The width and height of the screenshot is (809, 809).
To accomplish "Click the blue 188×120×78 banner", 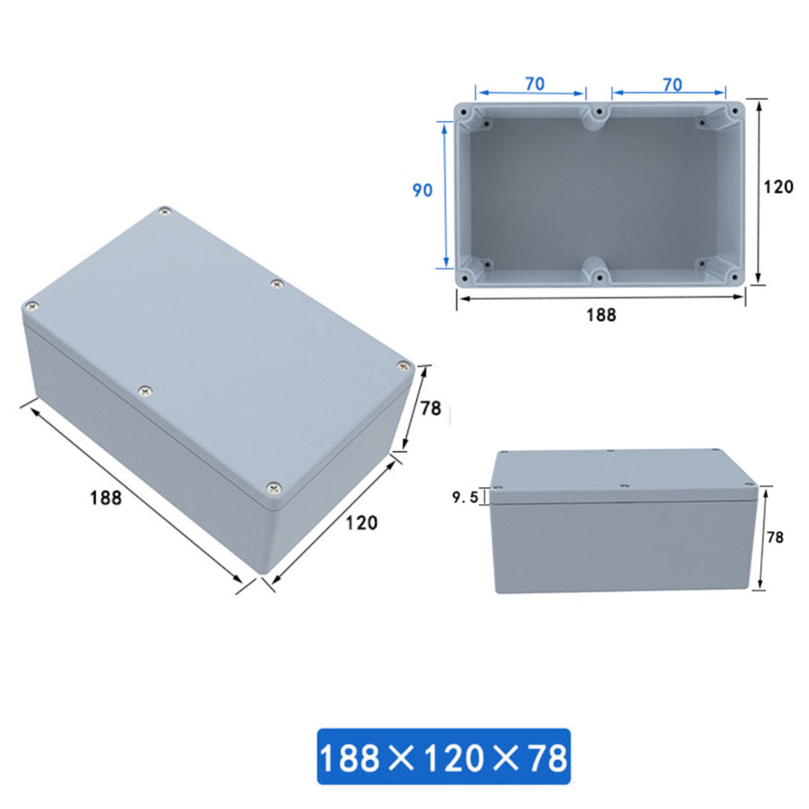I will coord(443,756).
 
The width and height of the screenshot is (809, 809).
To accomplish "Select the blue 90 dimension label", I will coord(422,191).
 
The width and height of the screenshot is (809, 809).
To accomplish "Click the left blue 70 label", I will coord(534,83).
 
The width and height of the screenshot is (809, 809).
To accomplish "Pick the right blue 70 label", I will coord(671,83).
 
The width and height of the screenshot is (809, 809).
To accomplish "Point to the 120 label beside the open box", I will coord(778,187).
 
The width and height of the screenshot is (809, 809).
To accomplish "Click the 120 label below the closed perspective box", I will coord(362,523).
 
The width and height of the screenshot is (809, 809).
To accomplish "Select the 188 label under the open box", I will coord(600,315).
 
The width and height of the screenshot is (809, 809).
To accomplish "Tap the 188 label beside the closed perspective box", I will coord(106,498).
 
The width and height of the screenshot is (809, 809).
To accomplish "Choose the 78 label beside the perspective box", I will coord(430,409).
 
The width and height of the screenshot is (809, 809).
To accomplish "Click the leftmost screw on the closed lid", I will coord(32,307).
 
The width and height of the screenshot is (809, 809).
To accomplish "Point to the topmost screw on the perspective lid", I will coord(165,212).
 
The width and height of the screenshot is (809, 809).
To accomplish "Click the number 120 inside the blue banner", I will coord(443,758).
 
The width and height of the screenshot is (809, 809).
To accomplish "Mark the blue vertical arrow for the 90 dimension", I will coord(445,194).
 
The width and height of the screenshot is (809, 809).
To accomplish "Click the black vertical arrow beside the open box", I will coord(759,192).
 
